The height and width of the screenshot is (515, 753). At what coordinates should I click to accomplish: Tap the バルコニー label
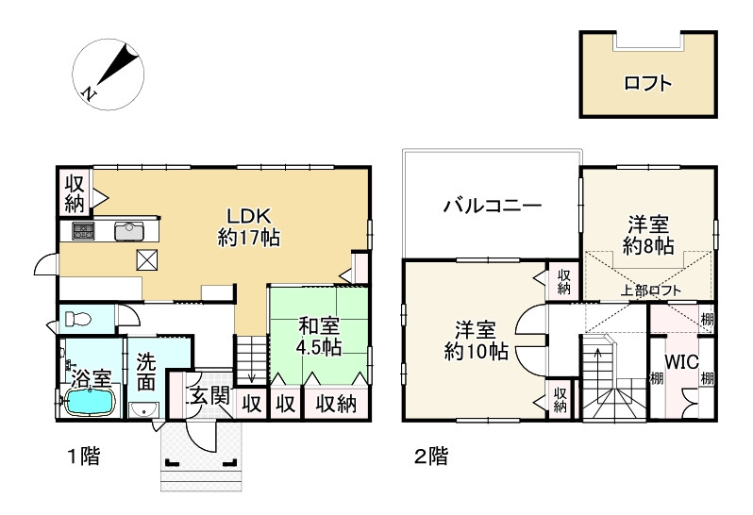tap(492, 205)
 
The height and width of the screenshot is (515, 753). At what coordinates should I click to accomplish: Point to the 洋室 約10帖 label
tap(477, 341)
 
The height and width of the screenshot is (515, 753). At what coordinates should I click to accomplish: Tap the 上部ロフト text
tap(651, 291)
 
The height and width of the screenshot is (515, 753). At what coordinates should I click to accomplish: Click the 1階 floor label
tap(83, 458)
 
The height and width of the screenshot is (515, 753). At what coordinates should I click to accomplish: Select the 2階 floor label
tap(430, 458)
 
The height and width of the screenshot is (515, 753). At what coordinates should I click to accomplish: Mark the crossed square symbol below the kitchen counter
tap(148, 260)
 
